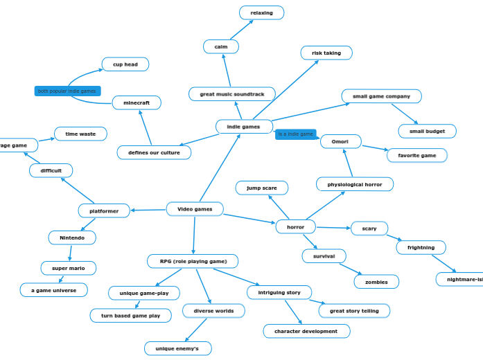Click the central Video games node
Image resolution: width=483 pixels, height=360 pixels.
[195, 209]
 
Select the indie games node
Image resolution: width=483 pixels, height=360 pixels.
[244, 127]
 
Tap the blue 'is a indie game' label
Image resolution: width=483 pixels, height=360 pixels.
[296, 134]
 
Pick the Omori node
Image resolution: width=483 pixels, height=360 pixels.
[340, 141]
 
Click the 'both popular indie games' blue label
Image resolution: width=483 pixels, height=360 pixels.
[67, 91]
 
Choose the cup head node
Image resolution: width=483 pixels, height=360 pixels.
[125, 64]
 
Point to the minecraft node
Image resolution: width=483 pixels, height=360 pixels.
[137, 102]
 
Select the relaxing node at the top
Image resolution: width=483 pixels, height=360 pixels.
[261, 12]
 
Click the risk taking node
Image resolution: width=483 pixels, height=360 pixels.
[326, 53]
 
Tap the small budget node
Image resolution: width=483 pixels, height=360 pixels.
[427, 131]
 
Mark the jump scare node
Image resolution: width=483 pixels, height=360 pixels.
[261, 188]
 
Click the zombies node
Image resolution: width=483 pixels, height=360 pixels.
[376, 282]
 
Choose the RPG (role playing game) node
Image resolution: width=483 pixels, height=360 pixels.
[193, 261]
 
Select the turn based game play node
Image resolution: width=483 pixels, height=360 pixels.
[130, 316]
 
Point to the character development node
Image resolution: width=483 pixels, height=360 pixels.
[306, 331]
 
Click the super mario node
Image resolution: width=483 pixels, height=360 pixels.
[69, 268]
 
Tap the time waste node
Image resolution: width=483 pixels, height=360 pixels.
[80, 134]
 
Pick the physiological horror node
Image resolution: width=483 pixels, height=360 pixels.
[355, 184]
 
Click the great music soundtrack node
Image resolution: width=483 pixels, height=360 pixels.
[231, 94]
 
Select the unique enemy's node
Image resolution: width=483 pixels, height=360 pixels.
[177, 348]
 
